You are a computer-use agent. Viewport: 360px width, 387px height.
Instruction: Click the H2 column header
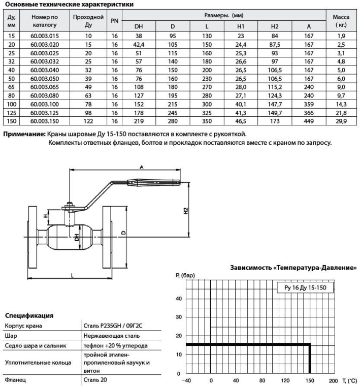[x=275, y=26]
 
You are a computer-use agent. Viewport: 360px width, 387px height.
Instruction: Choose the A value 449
[x=309, y=122]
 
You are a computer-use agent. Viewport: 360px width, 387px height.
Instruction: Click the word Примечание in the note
[x=24, y=135]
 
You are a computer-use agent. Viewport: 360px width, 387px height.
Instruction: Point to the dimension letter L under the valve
[x=72, y=274]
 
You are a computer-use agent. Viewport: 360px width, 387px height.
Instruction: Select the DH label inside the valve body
[x=76, y=237]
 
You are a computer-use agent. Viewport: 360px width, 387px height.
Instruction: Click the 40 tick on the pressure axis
[x=178, y=299]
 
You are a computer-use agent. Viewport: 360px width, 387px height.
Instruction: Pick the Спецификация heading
[x=29, y=315]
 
